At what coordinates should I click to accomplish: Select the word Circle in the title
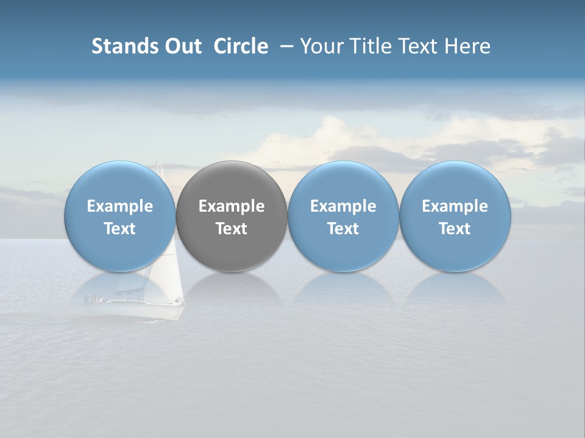241,46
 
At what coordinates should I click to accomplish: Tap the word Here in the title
467,46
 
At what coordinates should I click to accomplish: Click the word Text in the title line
417,46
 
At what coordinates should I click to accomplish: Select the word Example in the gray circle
232,206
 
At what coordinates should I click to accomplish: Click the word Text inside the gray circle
232,229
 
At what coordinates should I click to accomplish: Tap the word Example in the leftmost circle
120,206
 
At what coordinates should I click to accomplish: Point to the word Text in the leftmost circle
120,229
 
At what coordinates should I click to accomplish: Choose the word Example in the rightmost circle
455,206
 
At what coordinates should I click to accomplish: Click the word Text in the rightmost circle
455,229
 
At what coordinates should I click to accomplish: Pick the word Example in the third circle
343,206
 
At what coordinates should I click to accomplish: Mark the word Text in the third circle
343,229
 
